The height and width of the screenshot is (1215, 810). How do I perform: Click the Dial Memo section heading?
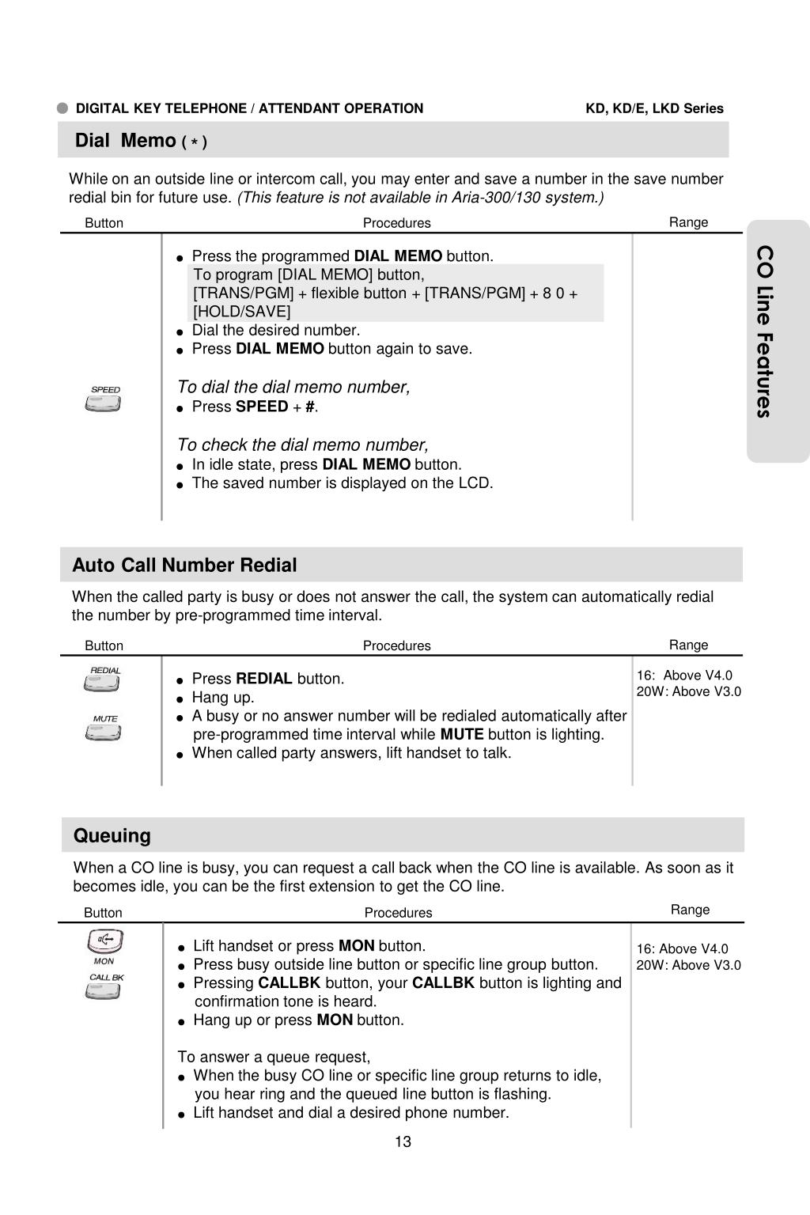141,141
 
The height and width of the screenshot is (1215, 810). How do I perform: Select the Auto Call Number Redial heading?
184,566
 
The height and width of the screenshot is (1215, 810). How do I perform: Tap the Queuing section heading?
112,836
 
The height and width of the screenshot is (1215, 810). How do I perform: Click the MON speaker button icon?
104,941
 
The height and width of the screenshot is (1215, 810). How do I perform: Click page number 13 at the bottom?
403,1141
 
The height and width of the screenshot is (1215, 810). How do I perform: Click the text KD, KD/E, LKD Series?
654,108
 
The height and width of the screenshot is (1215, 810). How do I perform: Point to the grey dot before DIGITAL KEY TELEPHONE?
63,108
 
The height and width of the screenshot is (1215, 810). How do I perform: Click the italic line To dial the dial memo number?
293,387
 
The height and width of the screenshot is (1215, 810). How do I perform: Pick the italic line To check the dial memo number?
302,445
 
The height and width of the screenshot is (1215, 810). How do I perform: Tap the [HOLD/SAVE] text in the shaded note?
242,312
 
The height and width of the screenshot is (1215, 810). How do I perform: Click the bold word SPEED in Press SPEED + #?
262,407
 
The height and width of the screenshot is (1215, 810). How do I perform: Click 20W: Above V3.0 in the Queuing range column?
688,965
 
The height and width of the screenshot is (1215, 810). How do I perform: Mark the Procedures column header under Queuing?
398,913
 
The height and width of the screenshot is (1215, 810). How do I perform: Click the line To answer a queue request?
274,1057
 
